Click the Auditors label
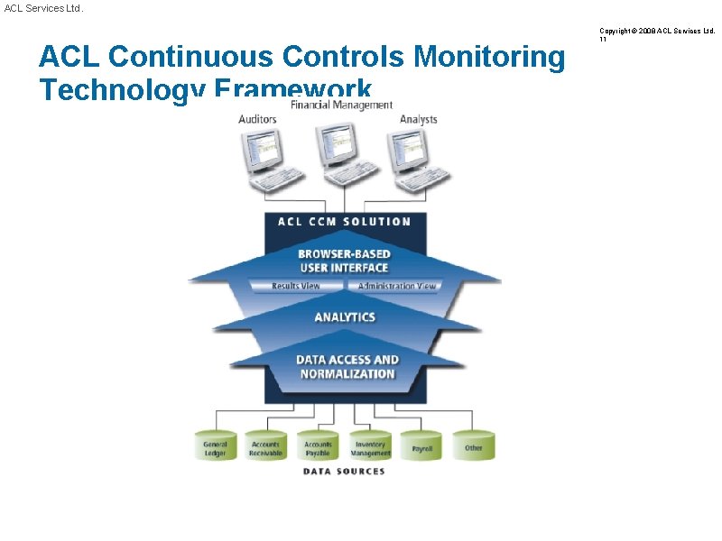pyautogui.click(x=257, y=119)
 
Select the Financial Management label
pyautogui.click(x=341, y=105)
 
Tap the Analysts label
pyautogui.click(x=418, y=119)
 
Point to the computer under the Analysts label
pyautogui.click(x=415, y=160)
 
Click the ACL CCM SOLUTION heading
pyautogui.click(x=344, y=222)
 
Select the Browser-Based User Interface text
pyautogui.click(x=344, y=261)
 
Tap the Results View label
pyautogui.click(x=296, y=287)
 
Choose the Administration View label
pyautogui.click(x=396, y=287)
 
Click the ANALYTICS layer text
pyautogui.click(x=344, y=317)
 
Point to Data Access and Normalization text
pyautogui.click(x=347, y=367)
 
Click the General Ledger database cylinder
pyautogui.click(x=215, y=446)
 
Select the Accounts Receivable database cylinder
pyautogui.click(x=266, y=446)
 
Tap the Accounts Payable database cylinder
pyautogui.click(x=318, y=446)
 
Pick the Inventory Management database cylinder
pyautogui.click(x=370, y=446)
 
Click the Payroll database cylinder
pyautogui.click(x=421, y=446)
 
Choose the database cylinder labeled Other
pyautogui.click(x=474, y=446)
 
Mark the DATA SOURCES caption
pyautogui.click(x=344, y=472)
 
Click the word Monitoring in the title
pyautogui.click(x=488, y=57)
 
